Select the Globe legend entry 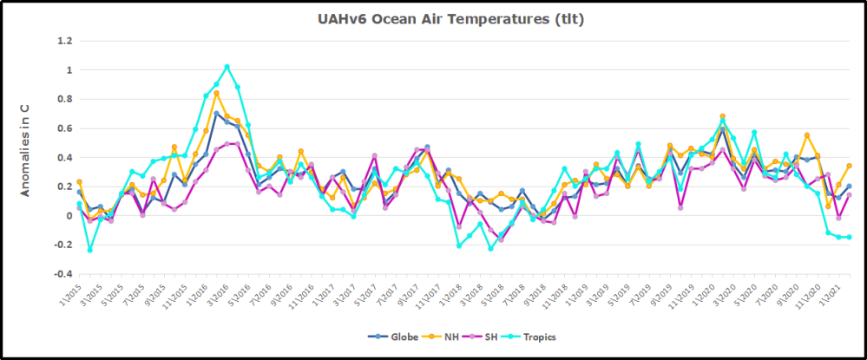point(397,337)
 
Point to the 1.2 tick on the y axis point(64,40)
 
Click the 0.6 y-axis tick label point(64,128)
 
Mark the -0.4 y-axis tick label point(62,274)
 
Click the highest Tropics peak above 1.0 point(227,67)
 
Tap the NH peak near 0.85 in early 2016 point(216,93)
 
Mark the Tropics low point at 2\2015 point(89,250)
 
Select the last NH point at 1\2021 point(849,166)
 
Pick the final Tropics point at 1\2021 point(849,237)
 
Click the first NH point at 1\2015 point(79,182)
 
